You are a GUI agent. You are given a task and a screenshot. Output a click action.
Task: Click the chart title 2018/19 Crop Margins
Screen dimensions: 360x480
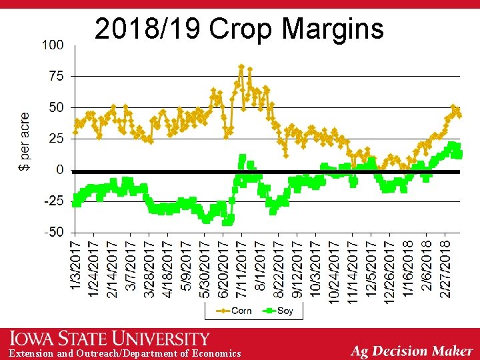[239, 29]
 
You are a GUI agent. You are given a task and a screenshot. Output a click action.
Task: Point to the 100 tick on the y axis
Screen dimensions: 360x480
[53, 45]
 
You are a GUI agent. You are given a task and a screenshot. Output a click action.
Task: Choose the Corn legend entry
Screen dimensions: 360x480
[234, 311]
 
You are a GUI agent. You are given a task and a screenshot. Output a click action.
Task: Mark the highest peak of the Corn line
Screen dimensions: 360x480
[241, 67]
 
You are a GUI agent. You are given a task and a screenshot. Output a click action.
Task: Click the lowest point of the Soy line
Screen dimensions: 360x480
[227, 222]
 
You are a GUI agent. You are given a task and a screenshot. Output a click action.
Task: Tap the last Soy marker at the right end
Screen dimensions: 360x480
[459, 155]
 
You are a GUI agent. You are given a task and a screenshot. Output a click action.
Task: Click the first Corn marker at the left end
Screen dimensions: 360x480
[75, 131]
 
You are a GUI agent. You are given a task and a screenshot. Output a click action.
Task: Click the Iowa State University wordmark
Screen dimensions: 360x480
[109, 339]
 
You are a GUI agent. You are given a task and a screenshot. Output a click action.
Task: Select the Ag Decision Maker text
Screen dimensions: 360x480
[412, 351]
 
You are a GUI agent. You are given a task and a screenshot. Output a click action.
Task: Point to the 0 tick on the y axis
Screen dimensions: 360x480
[60, 170]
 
